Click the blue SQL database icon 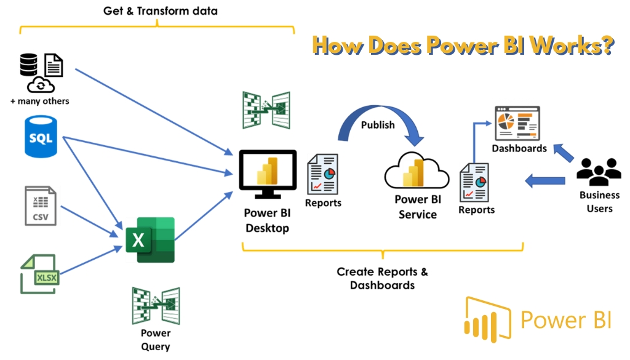(41, 138)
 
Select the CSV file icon (41, 205)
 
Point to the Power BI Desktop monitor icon (268, 175)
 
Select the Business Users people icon (599, 172)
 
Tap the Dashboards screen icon (517, 122)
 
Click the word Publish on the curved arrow (378, 125)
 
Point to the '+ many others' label (40, 101)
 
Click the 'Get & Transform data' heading (159, 11)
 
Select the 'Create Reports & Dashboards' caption (382, 278)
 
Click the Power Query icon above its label (156, 305)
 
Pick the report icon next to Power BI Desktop (322, 174)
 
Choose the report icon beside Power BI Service (474, 183)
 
